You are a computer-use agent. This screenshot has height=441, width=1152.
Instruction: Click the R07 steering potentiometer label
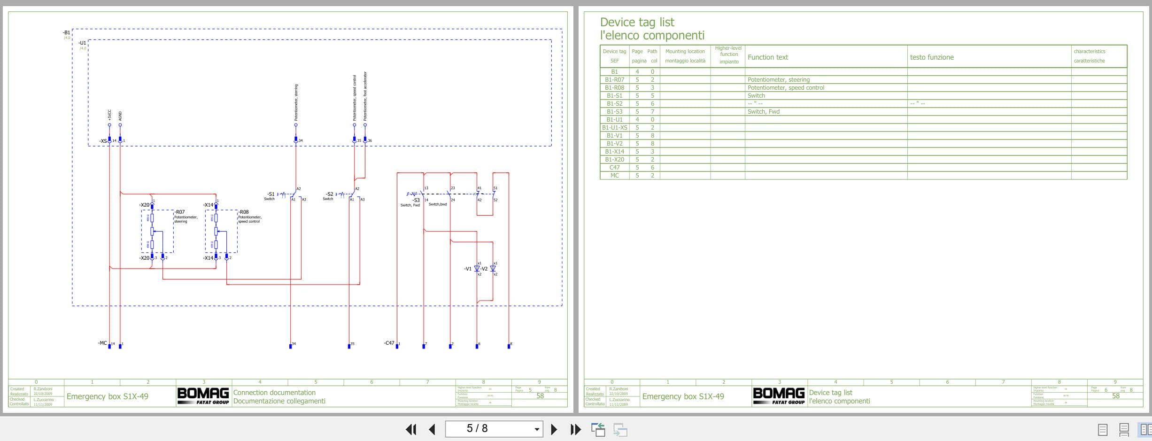point(180,212)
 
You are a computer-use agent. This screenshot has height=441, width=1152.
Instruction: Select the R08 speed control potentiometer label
point(244,212)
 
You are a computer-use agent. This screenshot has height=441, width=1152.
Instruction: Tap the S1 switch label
point(271,194)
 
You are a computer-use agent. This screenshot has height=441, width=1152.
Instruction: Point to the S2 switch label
point(330,194)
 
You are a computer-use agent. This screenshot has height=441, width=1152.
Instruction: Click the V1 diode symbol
point(477,269)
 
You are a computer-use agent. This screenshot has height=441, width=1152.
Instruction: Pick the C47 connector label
point(389,343)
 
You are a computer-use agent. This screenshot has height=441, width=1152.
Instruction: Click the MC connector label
point(102,343)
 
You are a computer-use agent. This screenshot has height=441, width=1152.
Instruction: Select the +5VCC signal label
point(109,115)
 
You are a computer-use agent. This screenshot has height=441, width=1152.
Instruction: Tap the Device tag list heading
point(637,22)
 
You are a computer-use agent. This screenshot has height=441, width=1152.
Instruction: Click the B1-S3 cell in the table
point(614,112)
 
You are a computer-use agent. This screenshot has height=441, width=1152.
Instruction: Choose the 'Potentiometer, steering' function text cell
point(778,80)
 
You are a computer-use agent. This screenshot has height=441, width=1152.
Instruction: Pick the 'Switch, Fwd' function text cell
point(763,112)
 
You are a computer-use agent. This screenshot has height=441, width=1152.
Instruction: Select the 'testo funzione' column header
point(931,57)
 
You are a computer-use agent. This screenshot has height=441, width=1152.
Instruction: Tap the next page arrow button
point(554,429)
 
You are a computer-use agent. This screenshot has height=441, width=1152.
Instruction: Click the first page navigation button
point(411,429)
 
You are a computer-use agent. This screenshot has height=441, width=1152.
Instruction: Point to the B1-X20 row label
point(614,160)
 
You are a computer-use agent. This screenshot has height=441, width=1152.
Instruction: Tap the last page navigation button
point(575,429)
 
